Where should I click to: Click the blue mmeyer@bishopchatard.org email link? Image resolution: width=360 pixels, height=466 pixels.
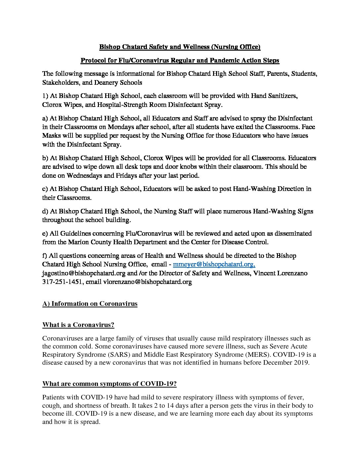[214, 264]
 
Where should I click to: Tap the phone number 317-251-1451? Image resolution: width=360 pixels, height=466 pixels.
[62, 282]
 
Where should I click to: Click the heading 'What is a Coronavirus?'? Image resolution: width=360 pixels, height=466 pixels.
[78, 325]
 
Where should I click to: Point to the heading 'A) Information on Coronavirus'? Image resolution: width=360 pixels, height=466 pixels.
[90, 303]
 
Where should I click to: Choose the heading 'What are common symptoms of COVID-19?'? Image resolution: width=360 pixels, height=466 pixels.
[109, 384]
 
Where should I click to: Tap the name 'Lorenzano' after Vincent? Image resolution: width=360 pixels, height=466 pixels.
[292, 273]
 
